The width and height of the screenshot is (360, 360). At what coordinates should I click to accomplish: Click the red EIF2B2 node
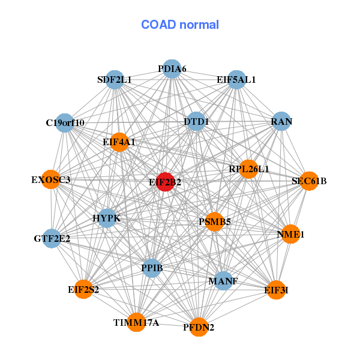[165, 182]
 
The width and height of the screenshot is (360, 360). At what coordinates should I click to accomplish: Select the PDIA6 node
[172, 69]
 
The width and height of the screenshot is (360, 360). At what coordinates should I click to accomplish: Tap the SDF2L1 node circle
[115, 79]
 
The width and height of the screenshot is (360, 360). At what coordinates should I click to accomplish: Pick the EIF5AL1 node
[236, 79]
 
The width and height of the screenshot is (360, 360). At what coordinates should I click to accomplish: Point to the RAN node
[281, 122]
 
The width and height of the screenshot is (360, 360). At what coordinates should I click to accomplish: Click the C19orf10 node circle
[65, 123]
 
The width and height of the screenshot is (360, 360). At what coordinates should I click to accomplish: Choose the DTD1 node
[196, 122]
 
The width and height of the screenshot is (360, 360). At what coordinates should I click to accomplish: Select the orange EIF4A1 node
[119, 142]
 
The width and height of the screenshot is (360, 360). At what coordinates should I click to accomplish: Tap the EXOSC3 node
[51, 179]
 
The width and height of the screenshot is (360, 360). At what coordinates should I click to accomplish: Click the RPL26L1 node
[248, 169]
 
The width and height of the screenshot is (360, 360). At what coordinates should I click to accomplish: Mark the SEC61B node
[309, 181]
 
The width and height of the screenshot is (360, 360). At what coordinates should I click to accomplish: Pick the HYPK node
[106, 218]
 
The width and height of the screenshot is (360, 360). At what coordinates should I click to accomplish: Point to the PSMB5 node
[214, 222]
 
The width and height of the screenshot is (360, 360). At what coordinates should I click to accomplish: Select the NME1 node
[290, 234]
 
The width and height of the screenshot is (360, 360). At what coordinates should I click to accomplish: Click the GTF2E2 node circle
[52, 238]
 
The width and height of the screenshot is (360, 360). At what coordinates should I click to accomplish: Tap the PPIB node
[152, 267]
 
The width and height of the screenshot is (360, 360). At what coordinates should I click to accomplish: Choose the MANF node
[223, 281]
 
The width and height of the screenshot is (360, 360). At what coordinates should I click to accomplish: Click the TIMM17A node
[136, 323]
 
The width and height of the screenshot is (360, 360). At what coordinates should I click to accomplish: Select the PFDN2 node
[199, 327]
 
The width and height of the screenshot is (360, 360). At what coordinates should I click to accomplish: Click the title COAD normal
[180, 25]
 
